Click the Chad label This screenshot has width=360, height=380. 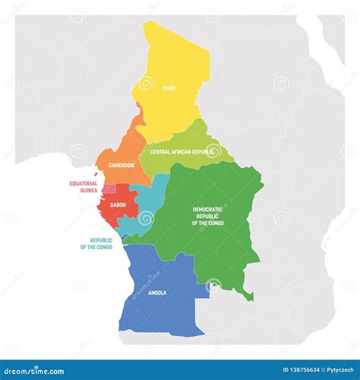169,88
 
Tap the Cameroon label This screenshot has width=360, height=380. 121,165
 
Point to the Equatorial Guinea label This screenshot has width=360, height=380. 84,186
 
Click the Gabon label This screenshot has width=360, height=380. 118,204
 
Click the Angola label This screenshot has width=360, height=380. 157,293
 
